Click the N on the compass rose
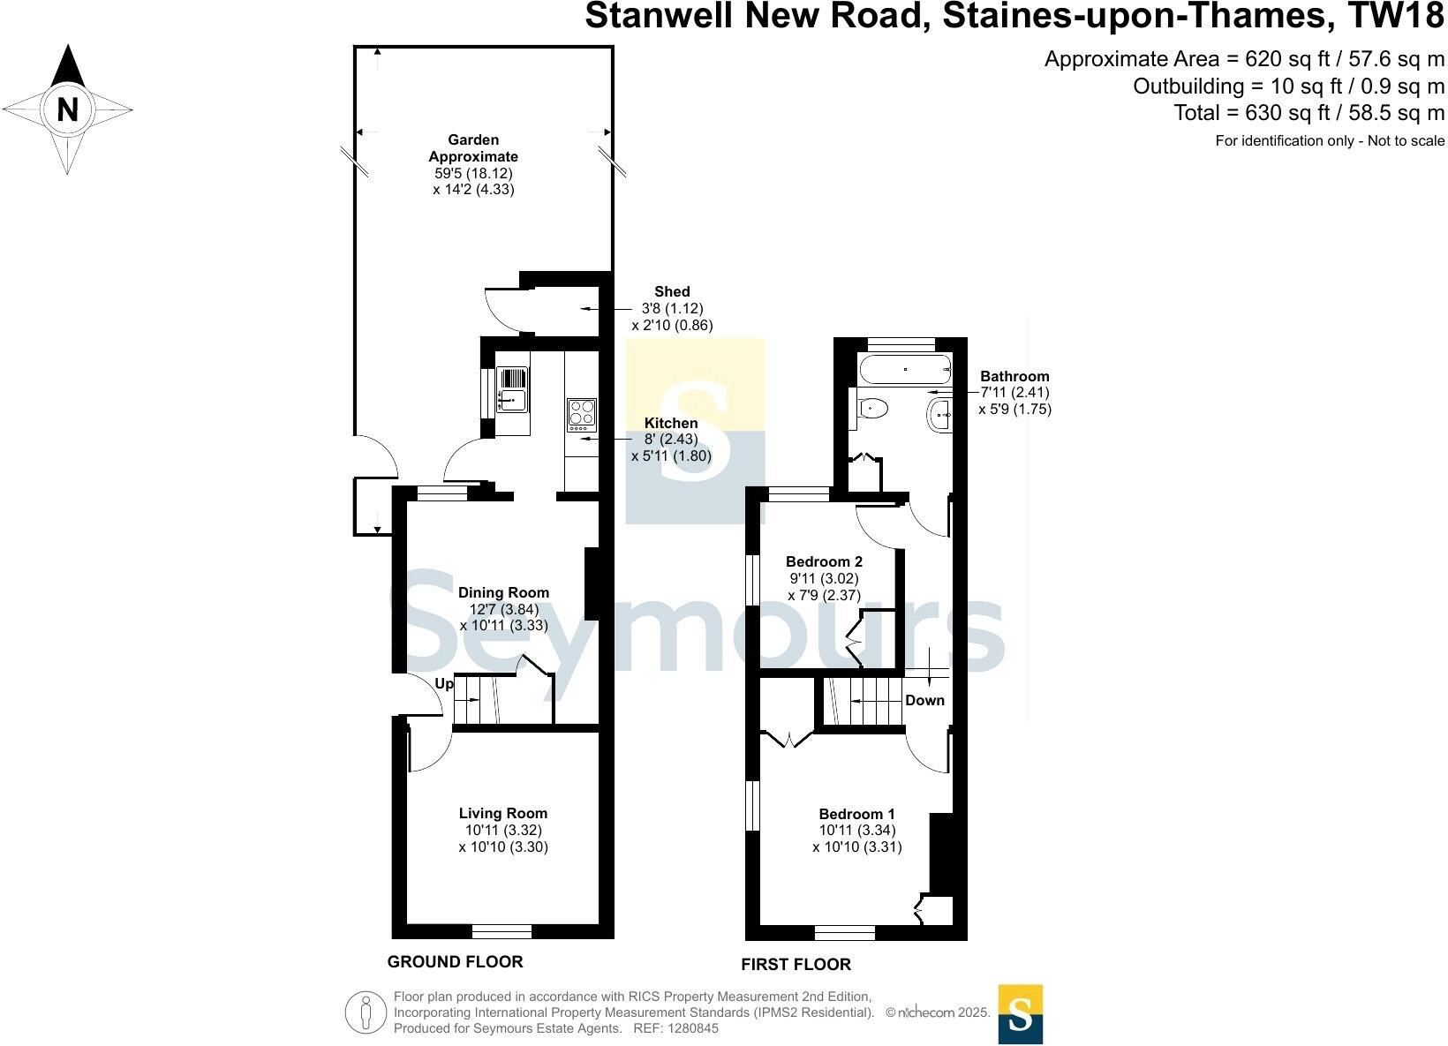pyautogui.click(x=68, y=110)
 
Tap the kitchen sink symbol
pyautogui.click(x=511, y=389)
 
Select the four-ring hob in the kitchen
pyautogui.click(x=581, y=414)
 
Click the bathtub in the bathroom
pyautogui.click(x=903, y=368)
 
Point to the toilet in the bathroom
pyautogui.click(x=872, y=408)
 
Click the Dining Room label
pyautogui.click(x=503, y=592)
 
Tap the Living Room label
pyautogui.click(x=503, y=813)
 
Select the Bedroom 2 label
pyautogui.click(x=824, y=561)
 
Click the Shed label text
pyautogui.click(x=672, y=291)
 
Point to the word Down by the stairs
pyautogui.click(x=924, y=700)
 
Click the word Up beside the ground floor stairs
pyautogui.click(x=444, y=684)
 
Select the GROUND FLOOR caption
pyautogui.click(x=456, y=962)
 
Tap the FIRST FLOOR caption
pyautogui.click(x=796, y=965)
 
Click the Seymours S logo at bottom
pyautogui.click(x=1020, y=1013)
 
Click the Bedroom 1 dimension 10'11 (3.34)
pyautogui.click(x=856, y=830)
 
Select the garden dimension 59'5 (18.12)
pyautogui.click(x=473, y=173)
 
